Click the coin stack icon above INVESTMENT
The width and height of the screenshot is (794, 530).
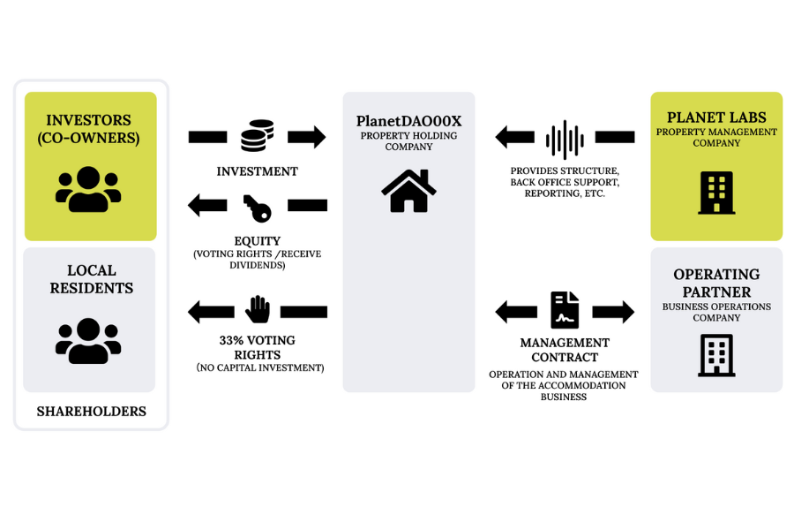[x=257, y=136]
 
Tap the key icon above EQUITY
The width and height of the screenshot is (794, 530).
[x=257, y=207]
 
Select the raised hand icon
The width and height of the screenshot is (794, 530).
[x=258, y=309]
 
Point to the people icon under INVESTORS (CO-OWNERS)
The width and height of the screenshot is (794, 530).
[x=88, y=189]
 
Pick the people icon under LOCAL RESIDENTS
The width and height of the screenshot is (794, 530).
[x=88, y=341]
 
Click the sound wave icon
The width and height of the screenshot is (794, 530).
[x=565, y=139]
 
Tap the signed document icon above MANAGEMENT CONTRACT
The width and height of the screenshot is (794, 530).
[x=565, y=310]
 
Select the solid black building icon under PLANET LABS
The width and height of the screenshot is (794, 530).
[x=715, y=193]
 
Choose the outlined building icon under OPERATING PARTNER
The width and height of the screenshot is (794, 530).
[x=716, y=355]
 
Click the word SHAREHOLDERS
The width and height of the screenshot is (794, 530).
[x=91, y=412]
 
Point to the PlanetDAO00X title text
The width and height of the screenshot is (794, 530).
[x=408, y=121]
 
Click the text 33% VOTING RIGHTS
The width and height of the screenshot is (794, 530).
[x=258, y=347]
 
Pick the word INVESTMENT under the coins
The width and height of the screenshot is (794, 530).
[x=257, y=171]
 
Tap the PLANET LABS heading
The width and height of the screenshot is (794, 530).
[x=716, y=117]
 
